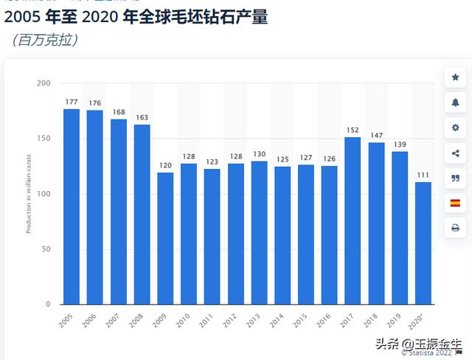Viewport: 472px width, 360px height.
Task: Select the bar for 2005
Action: [x=72, y=207]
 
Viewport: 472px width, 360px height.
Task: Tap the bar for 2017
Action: [x=353, y=221]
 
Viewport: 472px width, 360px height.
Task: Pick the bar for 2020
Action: [x=423, y=243]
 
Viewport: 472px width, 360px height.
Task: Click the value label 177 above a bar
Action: [x=72, y=102]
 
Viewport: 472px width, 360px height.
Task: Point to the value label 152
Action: [x=353, y=130]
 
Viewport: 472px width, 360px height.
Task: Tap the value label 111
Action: [x=423, y=175]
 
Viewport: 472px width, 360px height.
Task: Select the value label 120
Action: [x=165, y=165]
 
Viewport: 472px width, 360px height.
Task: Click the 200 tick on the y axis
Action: [x=44, y=83]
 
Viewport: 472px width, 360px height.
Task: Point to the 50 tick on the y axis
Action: [x=46, y=249]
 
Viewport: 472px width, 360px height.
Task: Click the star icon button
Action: [x=455, y=77]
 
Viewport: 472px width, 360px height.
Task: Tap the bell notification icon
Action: [x=455, y=103]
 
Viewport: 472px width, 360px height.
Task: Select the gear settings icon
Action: [x=455, y=128]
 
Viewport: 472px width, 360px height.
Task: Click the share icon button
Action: [x=455, y=153]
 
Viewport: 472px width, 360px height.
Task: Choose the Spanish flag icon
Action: [x=455, y=203]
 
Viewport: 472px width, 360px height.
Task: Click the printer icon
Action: [x=455, y=228]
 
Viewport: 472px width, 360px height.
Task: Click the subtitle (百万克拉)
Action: [x=46, y=40]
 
